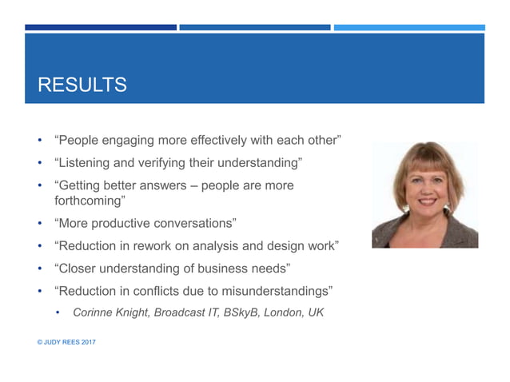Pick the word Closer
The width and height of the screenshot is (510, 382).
click(79, 266)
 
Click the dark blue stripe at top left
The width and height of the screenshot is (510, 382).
click(100, 27)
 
